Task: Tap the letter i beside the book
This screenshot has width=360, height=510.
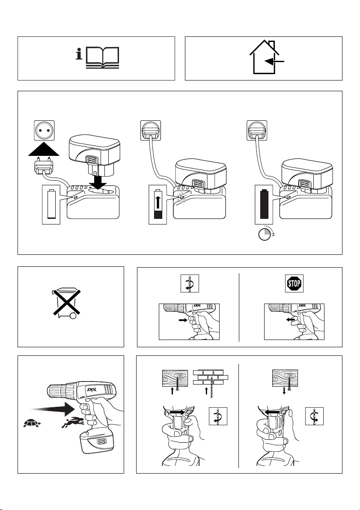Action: pyautogui.click(x=79, y=54)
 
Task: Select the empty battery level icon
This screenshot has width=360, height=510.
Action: pyautogui.click(x=51, y=204)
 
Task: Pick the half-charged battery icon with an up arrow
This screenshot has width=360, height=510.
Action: pyautogui.click(x=158, y=204)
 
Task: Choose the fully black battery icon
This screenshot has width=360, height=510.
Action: pyautogui.click(x=264, y=204)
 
